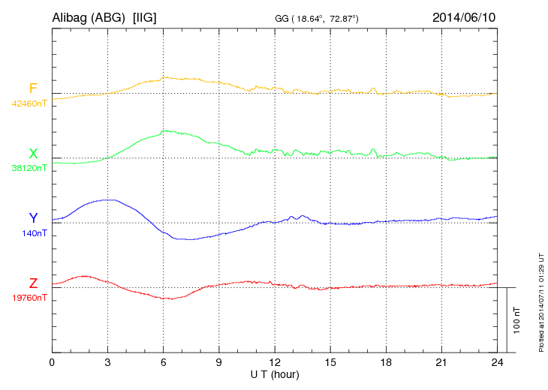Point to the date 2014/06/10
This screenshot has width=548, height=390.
[463, 16]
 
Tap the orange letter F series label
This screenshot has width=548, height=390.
[33, 88]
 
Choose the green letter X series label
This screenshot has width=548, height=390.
[33, 153]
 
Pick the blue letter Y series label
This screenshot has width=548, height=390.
[33, 217]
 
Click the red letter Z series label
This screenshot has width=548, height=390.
[33, 283]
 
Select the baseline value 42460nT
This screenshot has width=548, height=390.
[29, 103]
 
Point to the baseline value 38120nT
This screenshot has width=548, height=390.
[29, 168]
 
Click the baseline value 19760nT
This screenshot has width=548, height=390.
[29, 298]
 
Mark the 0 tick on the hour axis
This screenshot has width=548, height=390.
[52, 363]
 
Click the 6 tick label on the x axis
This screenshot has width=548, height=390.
[163, 363]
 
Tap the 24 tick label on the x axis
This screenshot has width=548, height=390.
[496, 363]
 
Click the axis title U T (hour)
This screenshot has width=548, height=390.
[274, 374]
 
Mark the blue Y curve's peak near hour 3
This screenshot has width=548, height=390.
[110, 199]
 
